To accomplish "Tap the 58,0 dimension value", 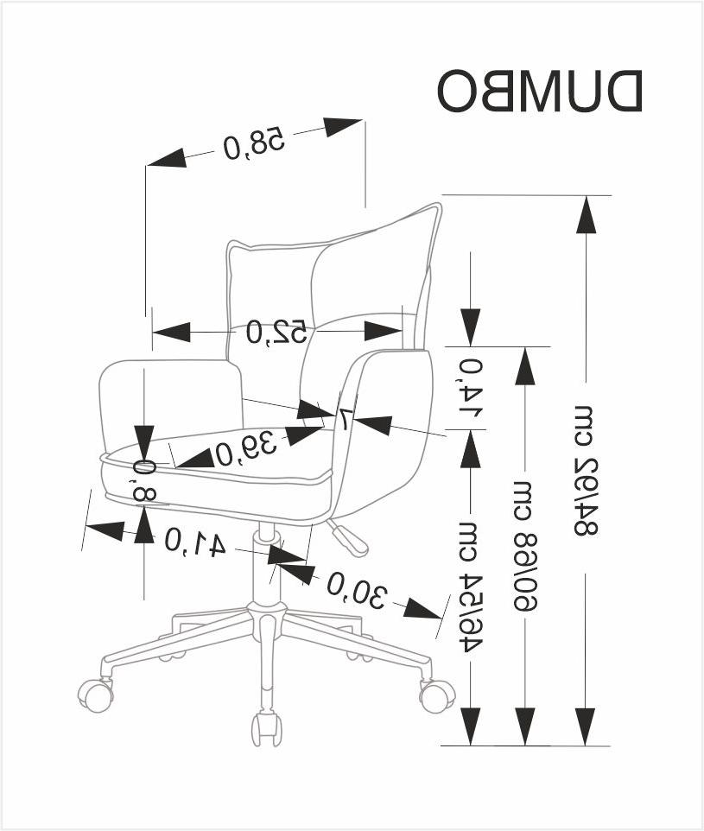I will click(x=253, y=143).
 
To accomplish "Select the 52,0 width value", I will click(x=276, y=331).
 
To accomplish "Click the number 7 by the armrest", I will click(x=343, y=420).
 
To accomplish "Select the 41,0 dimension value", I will click(x=195, y=542).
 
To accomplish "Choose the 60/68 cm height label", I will click(x=524, y=543).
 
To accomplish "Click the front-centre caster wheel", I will click(x=265, y=727).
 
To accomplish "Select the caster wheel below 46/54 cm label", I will click(x=437, y=695).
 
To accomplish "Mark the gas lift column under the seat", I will click(x=267, y=561).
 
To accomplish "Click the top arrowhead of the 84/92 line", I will click(x=587, y=213).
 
